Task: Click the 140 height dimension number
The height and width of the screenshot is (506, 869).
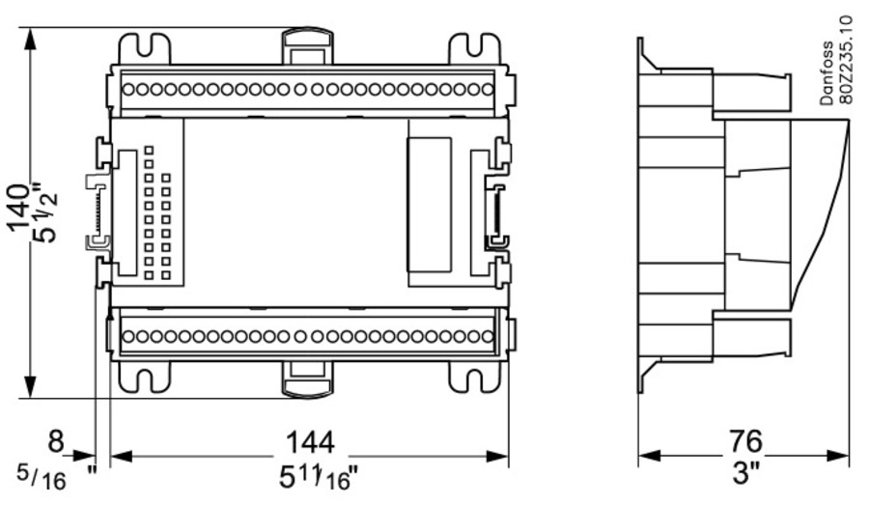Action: click(x=20, y=206)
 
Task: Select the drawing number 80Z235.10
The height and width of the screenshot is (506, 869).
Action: click(x=846, y=59)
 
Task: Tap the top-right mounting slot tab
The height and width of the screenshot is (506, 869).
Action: click(x=475, y=48)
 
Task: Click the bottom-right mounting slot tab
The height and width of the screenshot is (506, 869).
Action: click(x=475, y=377)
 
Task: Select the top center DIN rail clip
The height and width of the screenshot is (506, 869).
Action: click(x=308, y=44)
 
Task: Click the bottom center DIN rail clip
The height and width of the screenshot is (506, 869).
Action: click(x=308, y=379)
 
